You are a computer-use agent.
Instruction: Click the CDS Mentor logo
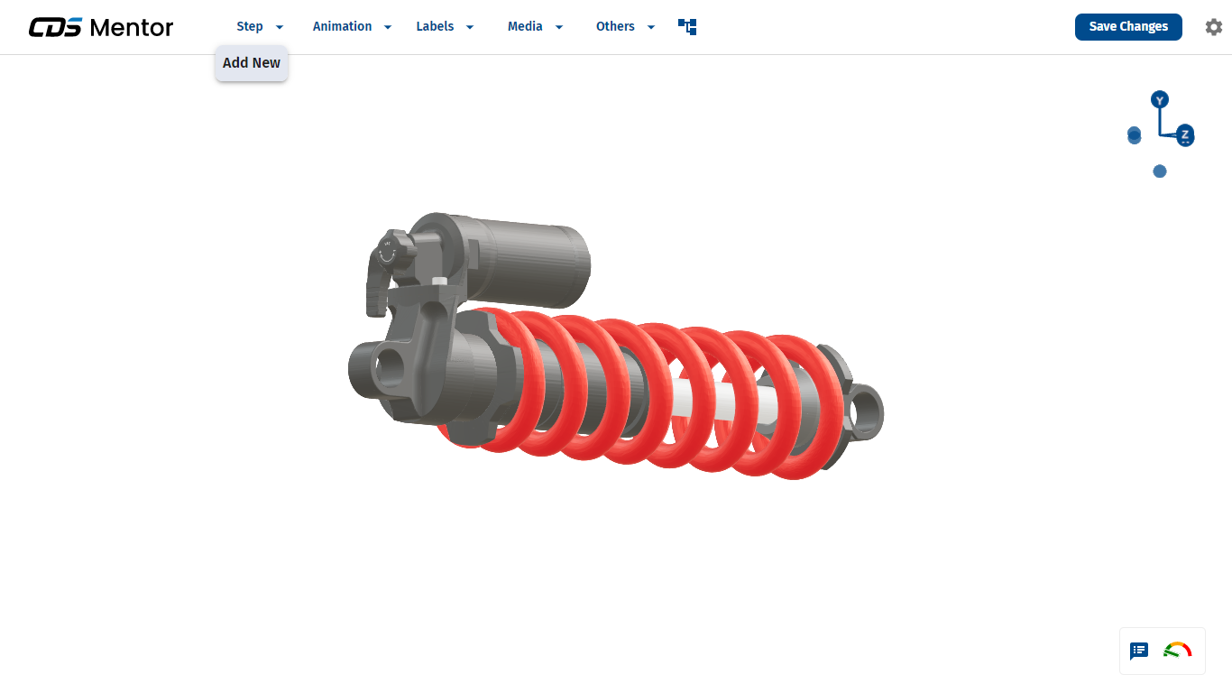tap(101, 27)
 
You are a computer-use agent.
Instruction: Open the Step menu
tap(260, 26)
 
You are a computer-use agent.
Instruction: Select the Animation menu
tap(352, 26)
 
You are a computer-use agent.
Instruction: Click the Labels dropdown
tap(445, 26)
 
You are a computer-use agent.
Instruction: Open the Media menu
tap(535, 26)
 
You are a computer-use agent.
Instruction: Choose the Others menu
tap(625, 26)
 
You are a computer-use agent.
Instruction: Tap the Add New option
tap(252, 63)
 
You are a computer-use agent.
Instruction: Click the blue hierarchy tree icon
tap(687, 26)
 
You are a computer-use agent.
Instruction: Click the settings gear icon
tap(1213, 27)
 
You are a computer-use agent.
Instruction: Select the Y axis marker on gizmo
tap(1160, 100)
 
